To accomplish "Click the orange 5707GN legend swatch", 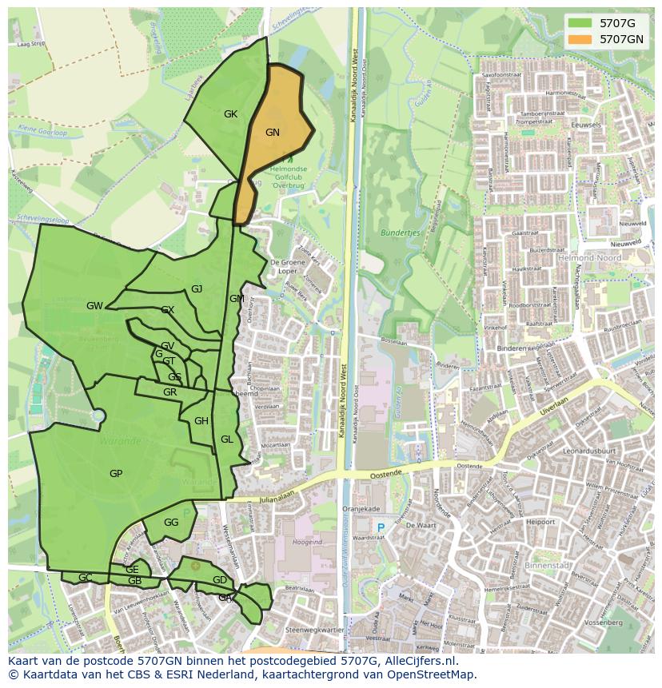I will [580, 38].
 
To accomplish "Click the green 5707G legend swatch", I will [580, 22].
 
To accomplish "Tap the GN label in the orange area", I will [273, 133].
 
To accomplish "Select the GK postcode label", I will [230, 114].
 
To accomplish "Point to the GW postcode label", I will [94, 306].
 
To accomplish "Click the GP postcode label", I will [116, 474].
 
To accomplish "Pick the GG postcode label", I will [171, 523].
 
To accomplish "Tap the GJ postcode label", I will [197, 289].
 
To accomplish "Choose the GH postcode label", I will [201, 421].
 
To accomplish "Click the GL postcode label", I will [227, 439].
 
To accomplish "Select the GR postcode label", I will [169, 392].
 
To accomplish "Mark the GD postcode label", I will [220, 580].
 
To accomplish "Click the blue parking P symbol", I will [381, 528].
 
